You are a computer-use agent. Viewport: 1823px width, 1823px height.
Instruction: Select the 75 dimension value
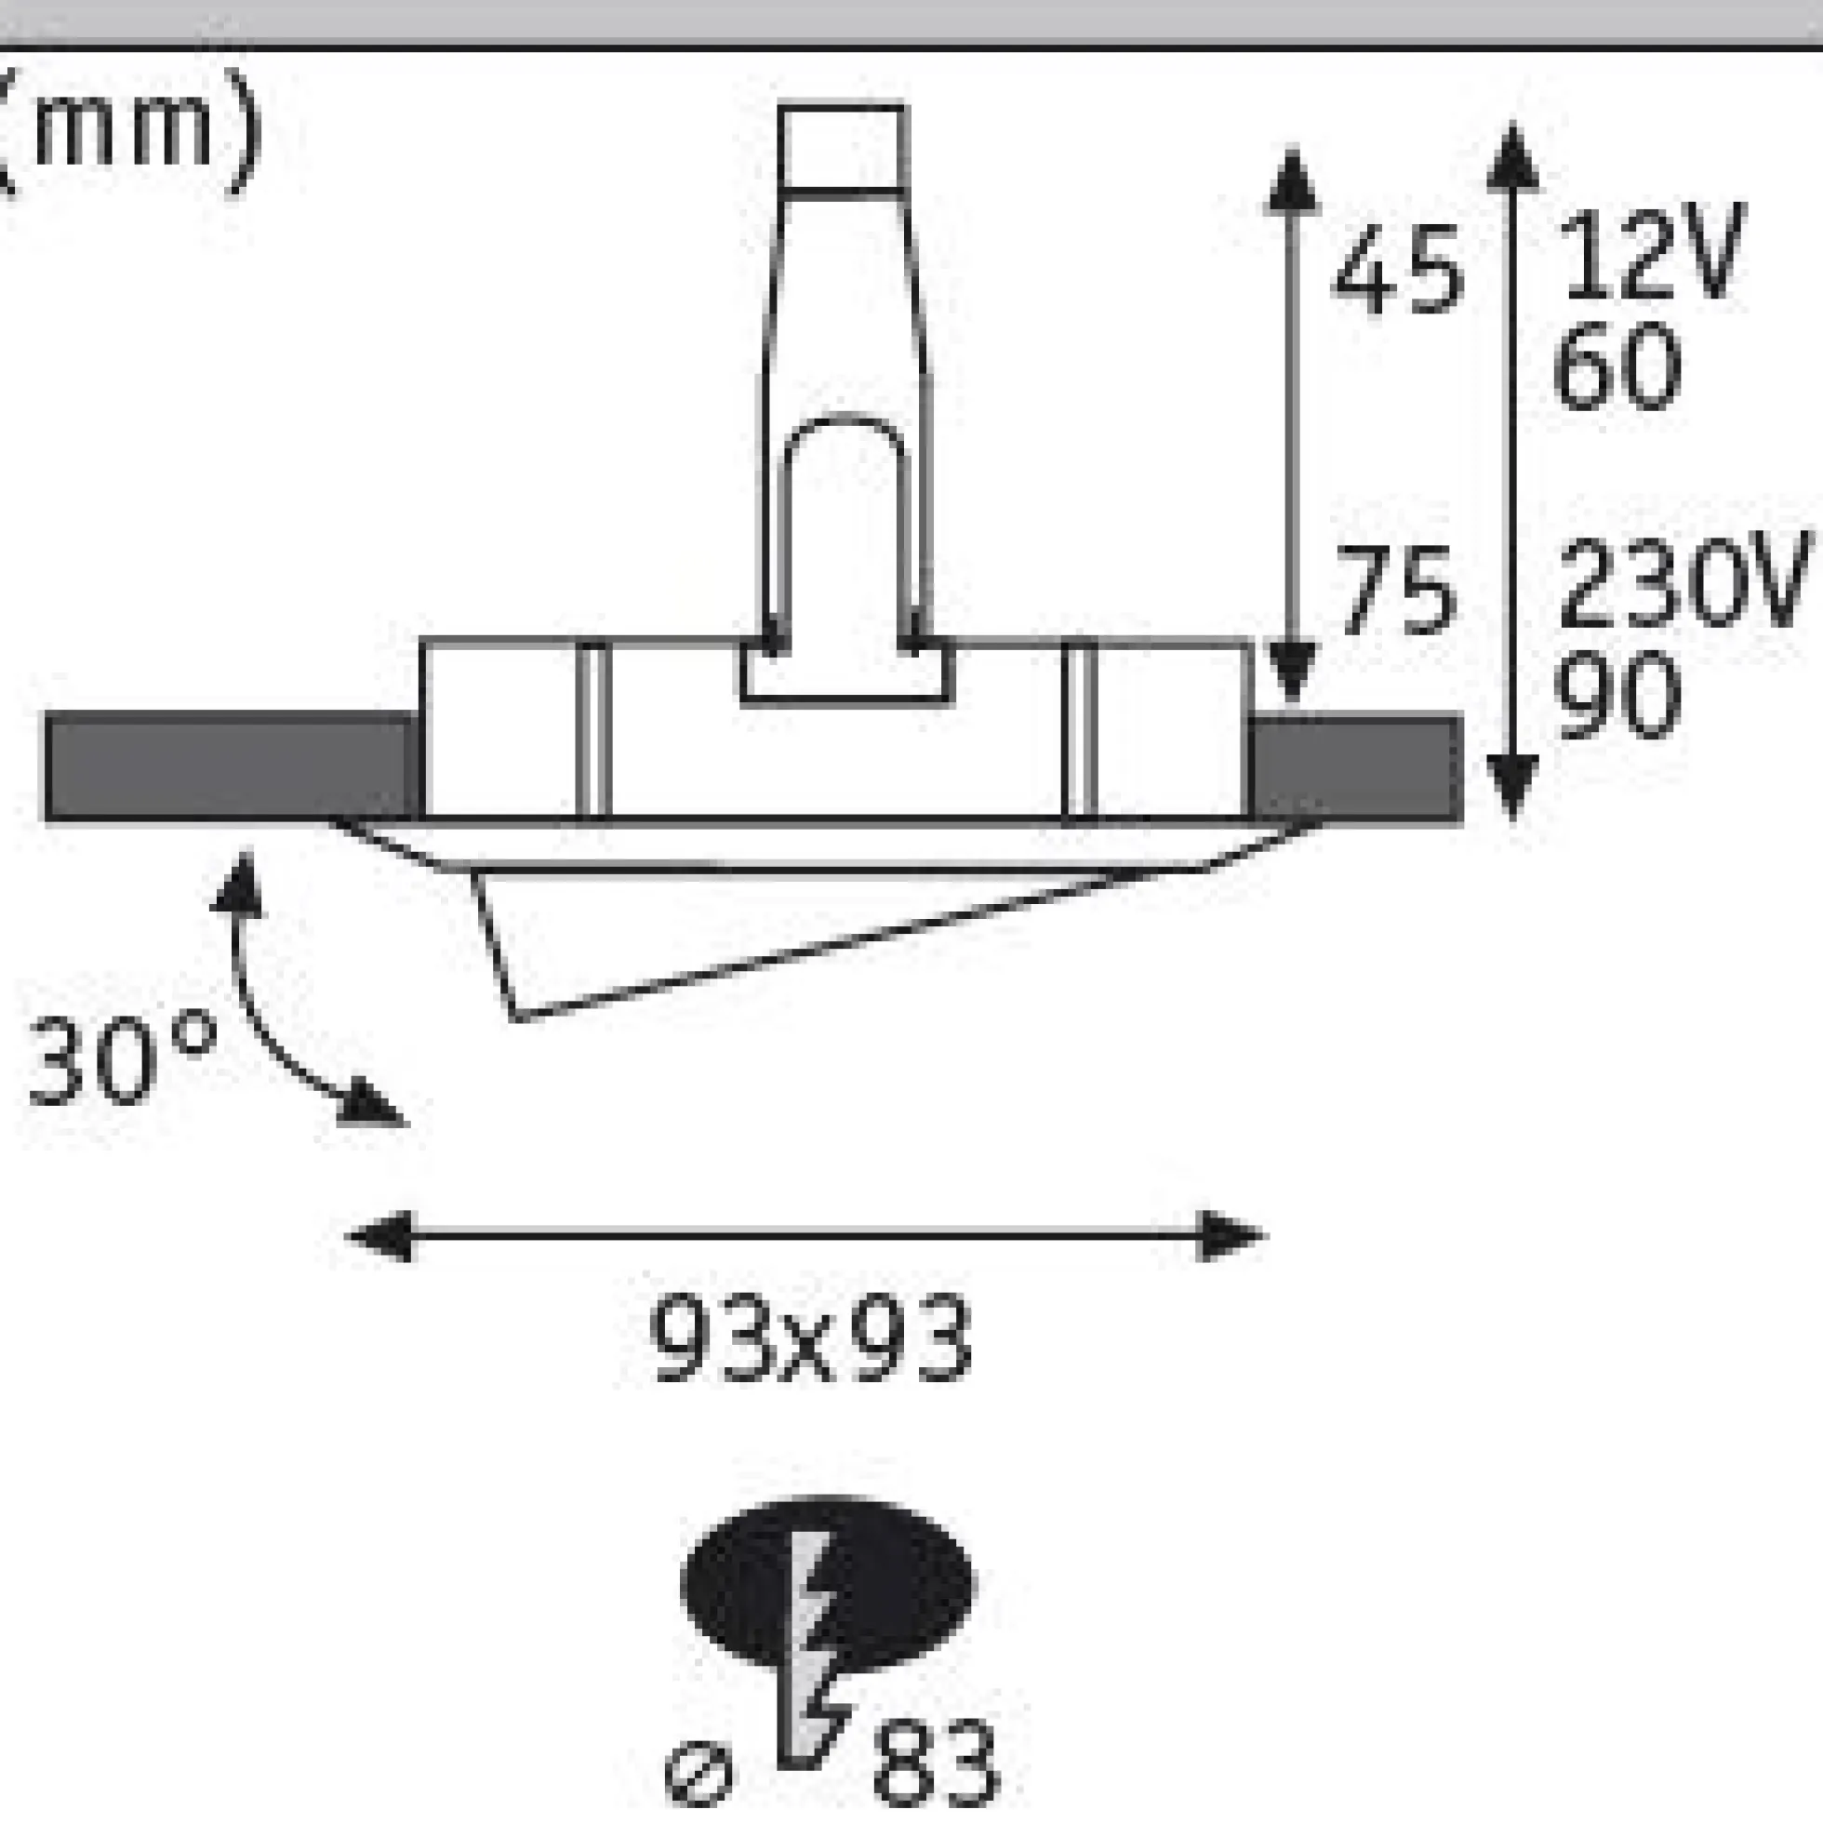pos(1395,591)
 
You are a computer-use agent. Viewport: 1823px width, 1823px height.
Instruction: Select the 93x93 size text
pos(810,1339)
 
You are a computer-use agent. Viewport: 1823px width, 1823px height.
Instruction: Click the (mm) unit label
pos(127,132)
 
